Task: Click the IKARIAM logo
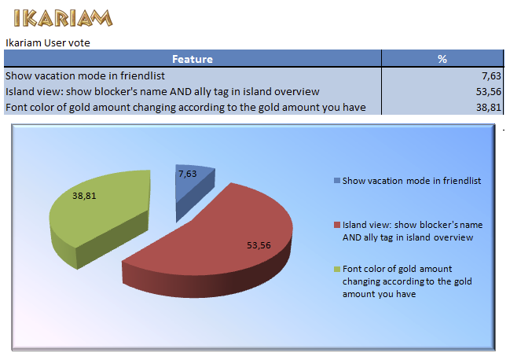(x=62, y=17)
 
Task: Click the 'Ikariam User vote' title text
(x=46, y=42)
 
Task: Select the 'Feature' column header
(x=193, y=59)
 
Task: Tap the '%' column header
(x=442, y=59)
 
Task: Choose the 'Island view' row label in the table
(x=162, y=92)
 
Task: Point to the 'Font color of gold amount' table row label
(x=185, y=107)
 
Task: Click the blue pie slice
(x=192, y=189)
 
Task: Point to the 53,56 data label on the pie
(x=259, y=244)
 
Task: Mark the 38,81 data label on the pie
(x=85, y=195)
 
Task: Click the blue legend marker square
(x=337, y=181)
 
